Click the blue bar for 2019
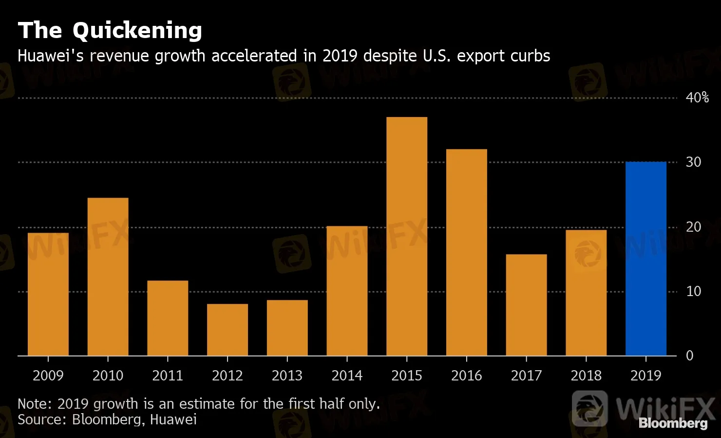point(645,259)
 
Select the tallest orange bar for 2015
point(407,237)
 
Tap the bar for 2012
point(228,330)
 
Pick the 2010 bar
point(108,277)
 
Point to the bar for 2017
point(526,305)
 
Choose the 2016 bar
point(467,252)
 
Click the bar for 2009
point(48,294)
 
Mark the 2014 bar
point(347,291)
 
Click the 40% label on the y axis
point(697,98)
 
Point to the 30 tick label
point(693,162)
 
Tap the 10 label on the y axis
point(693,291)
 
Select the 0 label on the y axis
point(689,356)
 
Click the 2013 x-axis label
point(287,376)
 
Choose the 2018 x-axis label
point(586,376)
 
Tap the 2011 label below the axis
point(168,376)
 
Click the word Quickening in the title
point(137,31)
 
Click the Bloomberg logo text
point(673,423)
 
